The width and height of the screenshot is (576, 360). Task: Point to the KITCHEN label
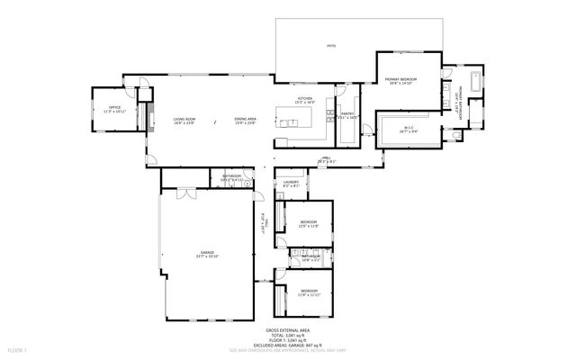point(306,99)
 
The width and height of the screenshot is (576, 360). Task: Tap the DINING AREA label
point(246,119)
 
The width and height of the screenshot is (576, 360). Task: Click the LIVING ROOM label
point(184,119)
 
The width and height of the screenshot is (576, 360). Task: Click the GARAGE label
point(208,253)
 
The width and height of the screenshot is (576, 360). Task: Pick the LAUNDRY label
point(290,183)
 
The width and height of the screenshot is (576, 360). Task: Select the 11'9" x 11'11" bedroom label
point(309,291)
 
